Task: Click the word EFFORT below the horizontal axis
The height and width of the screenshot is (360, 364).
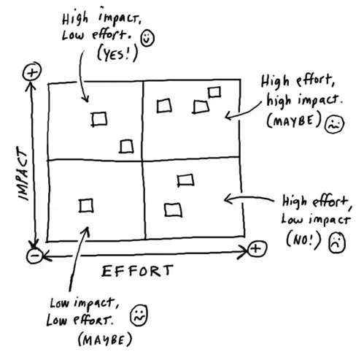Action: (x=137, y=271)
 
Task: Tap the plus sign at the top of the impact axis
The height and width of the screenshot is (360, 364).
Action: (x=31, y=72)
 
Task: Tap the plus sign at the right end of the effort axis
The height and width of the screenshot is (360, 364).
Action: (x=255, y=250)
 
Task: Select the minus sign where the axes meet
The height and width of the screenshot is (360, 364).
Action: (x=33, y=256)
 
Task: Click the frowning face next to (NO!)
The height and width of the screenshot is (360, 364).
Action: (x=335, y=241)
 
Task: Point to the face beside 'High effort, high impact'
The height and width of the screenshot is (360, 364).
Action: (x=334, y=123)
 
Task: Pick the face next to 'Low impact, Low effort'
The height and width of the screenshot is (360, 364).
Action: (x=137, y=315)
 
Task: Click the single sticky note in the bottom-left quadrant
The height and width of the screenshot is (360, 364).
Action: (x=87, y=206)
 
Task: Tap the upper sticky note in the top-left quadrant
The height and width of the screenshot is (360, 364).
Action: (x=99, y=118)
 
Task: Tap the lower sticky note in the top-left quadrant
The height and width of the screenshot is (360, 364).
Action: (x=127, y=146)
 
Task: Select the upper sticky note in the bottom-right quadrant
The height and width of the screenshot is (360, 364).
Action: (x=185, y=180)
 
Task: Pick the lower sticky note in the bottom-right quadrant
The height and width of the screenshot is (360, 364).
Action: (x=173, y=210)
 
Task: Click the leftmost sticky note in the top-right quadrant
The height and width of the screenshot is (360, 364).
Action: (x=165, y=106)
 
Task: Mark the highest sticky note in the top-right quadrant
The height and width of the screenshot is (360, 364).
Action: (x=214, y=92)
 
